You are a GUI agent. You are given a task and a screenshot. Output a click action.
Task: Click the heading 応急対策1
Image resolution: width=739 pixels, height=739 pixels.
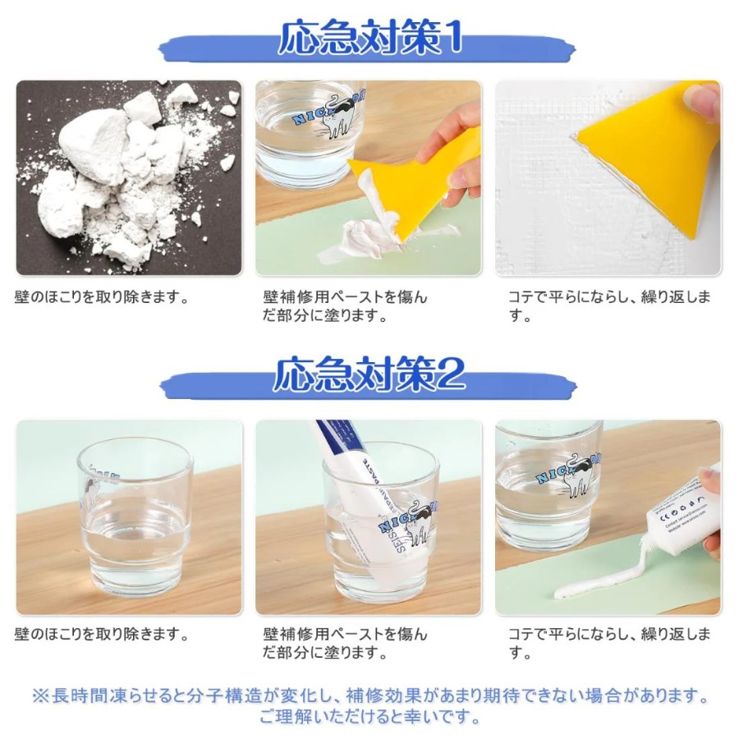tap(370, 38)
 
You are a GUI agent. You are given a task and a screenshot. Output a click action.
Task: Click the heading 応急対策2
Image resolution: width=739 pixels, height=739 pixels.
tap(369, 374)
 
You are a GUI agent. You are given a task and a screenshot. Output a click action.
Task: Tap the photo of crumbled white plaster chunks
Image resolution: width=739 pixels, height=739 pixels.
tap(129, 178)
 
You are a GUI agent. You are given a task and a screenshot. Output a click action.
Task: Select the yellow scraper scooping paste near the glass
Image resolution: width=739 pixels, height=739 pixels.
tap(415, 189)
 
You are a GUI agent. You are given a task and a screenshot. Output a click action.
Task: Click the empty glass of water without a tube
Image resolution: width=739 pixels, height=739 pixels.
tap(135, 517)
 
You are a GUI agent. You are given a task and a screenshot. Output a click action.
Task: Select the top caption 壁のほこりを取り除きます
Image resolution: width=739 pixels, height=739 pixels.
tap(101, 297)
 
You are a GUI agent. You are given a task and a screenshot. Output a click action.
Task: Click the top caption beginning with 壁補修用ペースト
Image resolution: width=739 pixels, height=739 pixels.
tap(345, 306)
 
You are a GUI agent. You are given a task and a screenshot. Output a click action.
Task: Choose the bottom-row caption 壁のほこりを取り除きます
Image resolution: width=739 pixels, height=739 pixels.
tap(101, 635)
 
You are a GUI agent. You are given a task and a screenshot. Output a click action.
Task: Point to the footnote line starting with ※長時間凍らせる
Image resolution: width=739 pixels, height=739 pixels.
tap(370, 696)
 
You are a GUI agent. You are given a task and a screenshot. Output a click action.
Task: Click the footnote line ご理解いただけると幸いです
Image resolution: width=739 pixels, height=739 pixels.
tap(370, 718)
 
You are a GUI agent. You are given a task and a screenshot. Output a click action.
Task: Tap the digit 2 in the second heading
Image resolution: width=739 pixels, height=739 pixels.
tap(451, 374)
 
